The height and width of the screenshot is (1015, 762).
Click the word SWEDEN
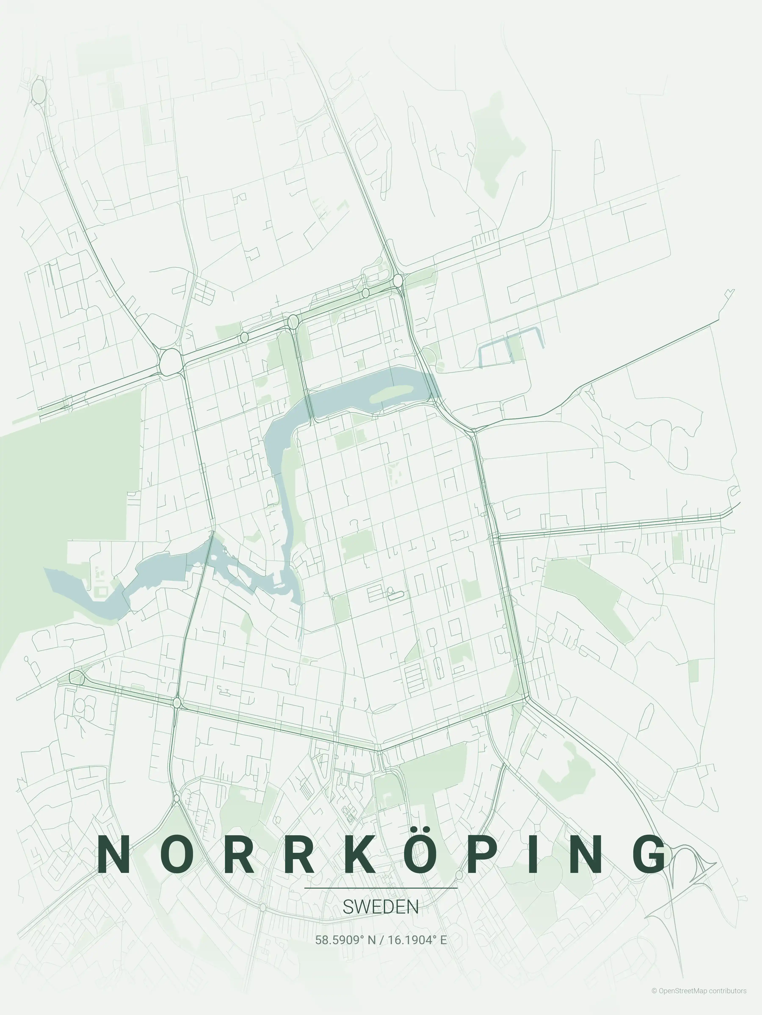(x=381, y=907)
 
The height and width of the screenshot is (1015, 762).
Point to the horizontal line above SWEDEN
(x=381, y=888)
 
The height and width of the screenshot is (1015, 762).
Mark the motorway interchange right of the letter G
(x=689, y=867)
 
